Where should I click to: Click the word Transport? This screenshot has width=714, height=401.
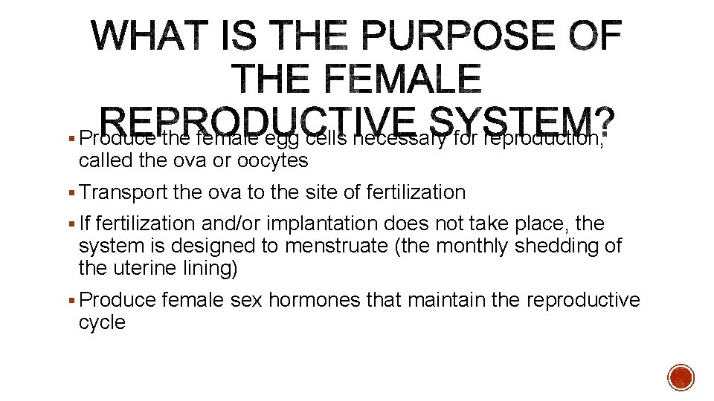click(x=124, y=192)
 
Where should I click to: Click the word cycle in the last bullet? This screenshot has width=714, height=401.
click(x=102, y=322)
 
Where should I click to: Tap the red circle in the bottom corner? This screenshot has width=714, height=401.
click(x=681, y=378)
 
